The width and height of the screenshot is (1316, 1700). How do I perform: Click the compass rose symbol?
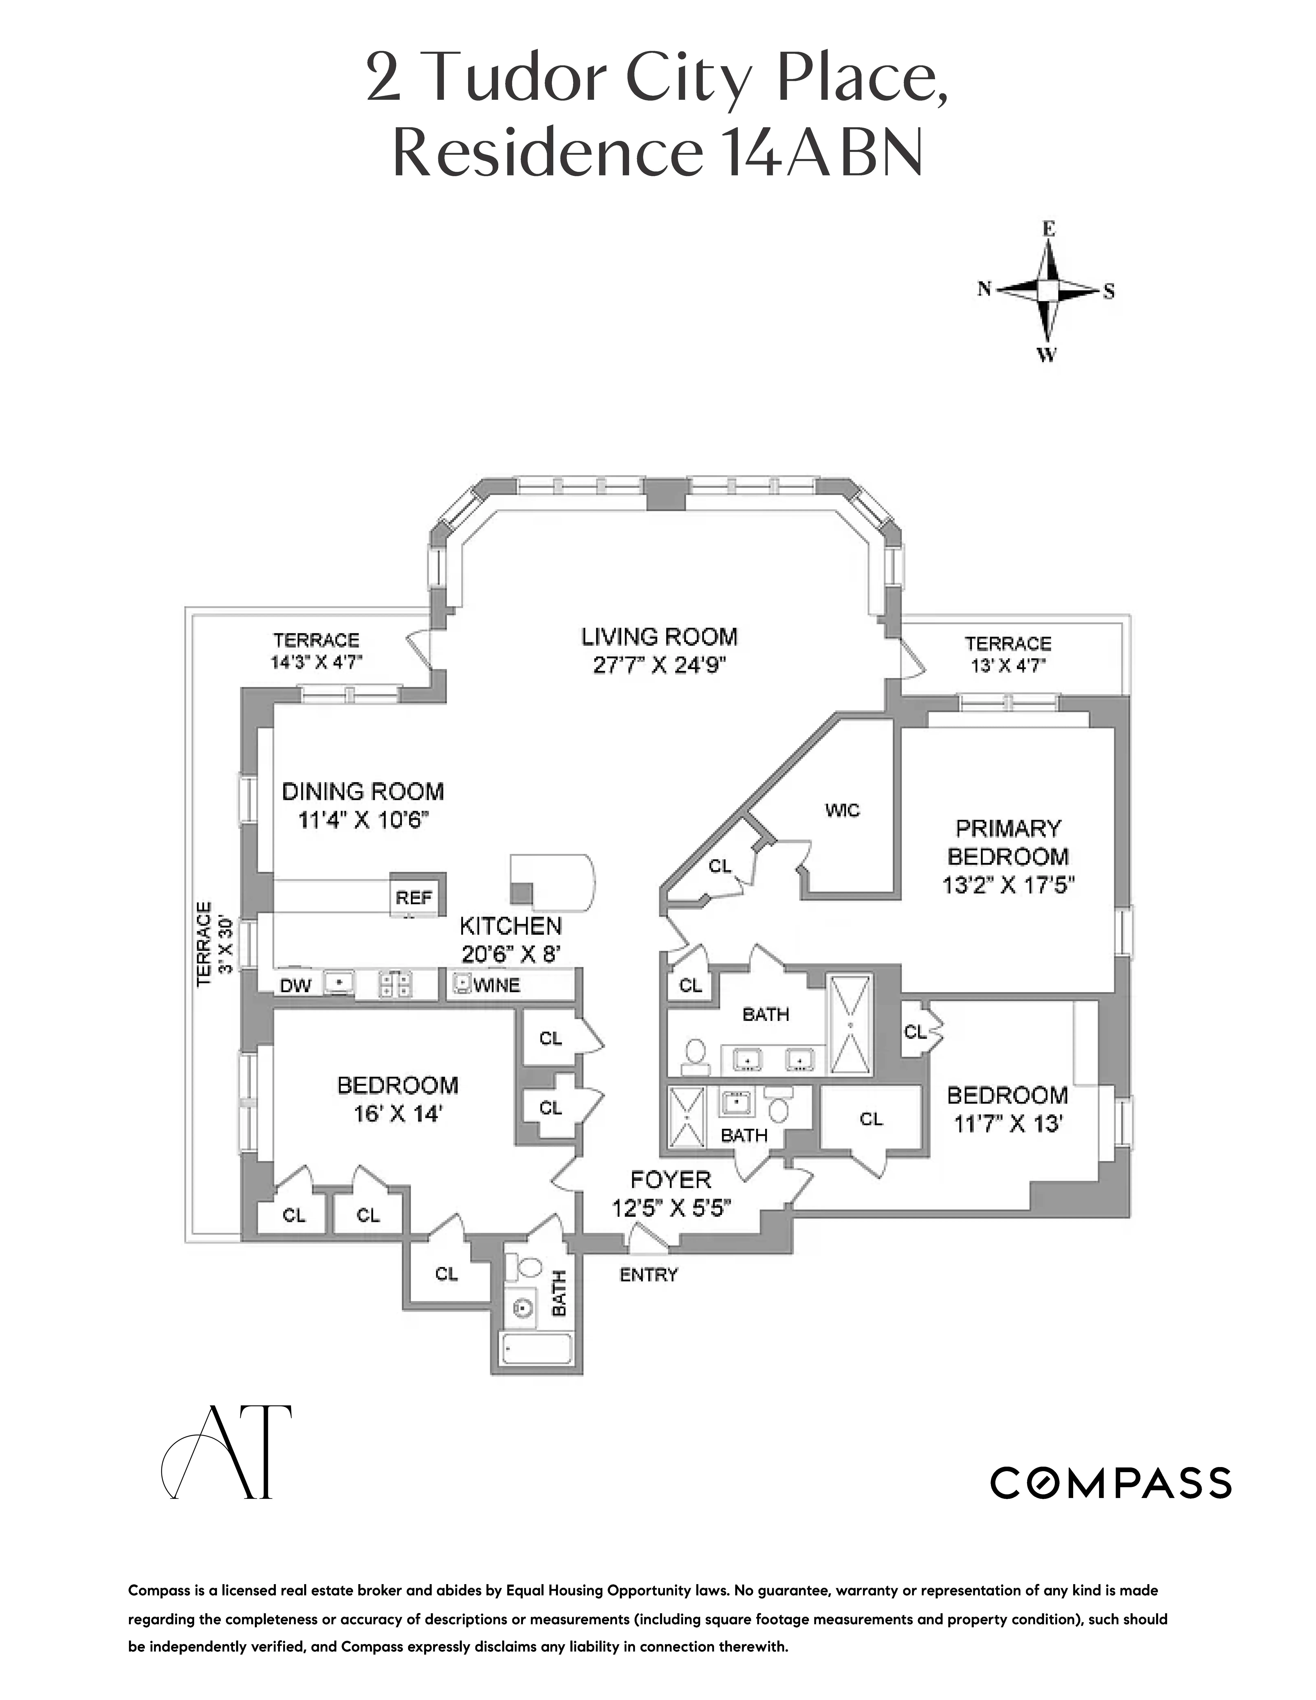click(x=1048, y=291)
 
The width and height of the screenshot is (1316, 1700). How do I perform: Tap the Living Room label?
click(x=659, y=637)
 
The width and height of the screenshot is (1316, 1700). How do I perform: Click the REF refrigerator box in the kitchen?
click(x=414, y=898)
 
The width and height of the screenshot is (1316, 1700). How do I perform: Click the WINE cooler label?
click(x=496, y=986)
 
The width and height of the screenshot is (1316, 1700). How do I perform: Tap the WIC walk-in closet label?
click(x=842, y=810)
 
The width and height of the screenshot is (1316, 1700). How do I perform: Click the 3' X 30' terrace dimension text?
click(x=226, y=944)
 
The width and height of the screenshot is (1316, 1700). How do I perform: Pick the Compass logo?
click(x=1110, y=1483)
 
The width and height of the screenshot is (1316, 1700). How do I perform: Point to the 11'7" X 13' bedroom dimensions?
click(x=1008, y=1124)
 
